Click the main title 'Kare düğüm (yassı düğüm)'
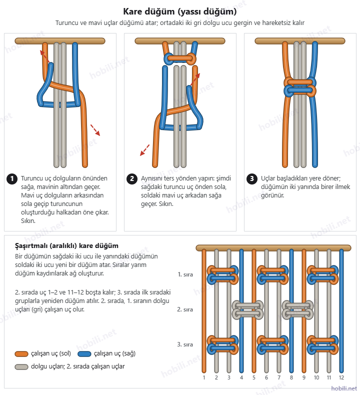click(180, 11)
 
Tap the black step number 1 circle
click(12, 179)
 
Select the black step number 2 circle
click(132, 179)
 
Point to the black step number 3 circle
click(251, 179)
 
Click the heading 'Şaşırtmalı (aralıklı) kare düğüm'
click(66, 246)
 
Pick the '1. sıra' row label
click(185, 274)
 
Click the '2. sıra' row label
click(185, 309)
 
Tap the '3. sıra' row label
click(185, 344)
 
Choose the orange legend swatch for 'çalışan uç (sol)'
click(21, 354)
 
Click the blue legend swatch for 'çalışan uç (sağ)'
click(84, 354)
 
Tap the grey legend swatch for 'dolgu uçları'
click(21, 367)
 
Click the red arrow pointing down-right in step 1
click(95, 130)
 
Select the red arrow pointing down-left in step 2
click(144, 150)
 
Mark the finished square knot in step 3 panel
click(300, 87)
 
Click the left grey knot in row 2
click(247, 309)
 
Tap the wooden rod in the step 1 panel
click(60, 41)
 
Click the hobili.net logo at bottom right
click(344, 388)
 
